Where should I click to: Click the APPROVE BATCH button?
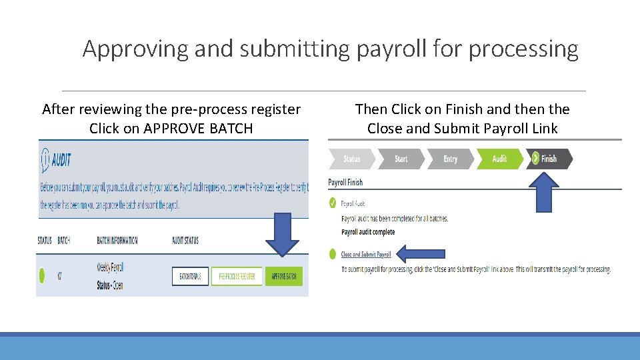(283, 276)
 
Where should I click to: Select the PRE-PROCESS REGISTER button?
(237, 276)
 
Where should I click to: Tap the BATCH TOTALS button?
(191, 276)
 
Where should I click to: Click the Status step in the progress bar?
(351, 159)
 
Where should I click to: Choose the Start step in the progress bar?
(401, 159)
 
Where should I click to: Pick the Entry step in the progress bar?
(451, 159)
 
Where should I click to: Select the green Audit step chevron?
(500, 159)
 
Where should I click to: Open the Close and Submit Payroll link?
(366, 255)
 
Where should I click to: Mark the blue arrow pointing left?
(420, 253)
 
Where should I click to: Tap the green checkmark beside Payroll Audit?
(333, 203)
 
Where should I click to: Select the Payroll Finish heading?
(345, 182)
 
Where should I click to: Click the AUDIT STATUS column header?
(185, 241)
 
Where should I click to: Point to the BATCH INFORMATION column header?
(117, 241)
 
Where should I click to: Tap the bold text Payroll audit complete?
(368, 232)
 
